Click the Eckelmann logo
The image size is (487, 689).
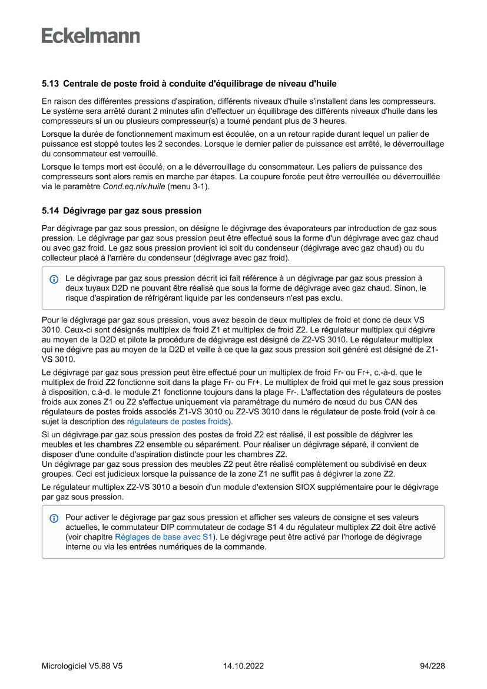(x=91, y=36)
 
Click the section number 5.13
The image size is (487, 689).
(x=50, y=84)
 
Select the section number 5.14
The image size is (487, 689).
(x=50, y=210)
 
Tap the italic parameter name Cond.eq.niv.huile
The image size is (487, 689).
(x=133, y=187)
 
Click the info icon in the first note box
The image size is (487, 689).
(x=54, y=278)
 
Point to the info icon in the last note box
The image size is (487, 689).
(x=54, y=519)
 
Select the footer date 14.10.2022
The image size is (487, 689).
(x=243, y=666)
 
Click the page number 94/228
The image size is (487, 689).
(x=432, y=666)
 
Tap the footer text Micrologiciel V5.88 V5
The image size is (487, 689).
(x=82, y=666)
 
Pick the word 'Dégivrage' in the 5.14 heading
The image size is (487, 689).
(x=84, y=210)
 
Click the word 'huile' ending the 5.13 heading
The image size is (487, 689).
(x=325, y=84)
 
